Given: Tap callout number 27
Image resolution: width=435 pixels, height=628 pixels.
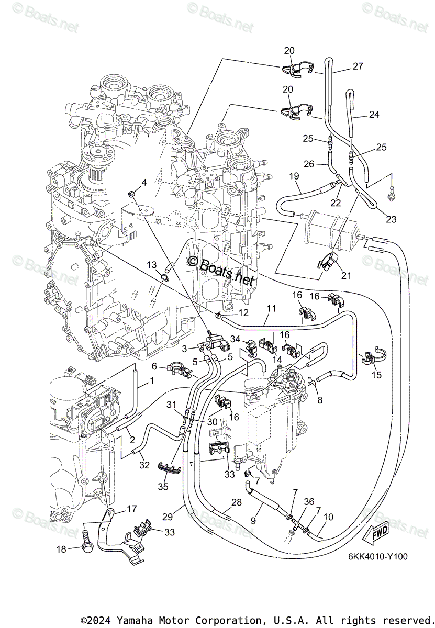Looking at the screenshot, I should [358, 66].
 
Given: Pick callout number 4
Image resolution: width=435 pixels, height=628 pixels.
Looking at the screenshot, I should [143, 182].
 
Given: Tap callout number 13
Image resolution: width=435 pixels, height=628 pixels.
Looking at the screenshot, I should [151, 265].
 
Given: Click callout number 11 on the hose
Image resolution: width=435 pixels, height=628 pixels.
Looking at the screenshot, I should [270, 309].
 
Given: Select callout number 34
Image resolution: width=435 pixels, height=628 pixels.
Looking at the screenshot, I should [236, 340].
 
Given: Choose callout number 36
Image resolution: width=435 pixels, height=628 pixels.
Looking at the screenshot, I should [310, 502].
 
